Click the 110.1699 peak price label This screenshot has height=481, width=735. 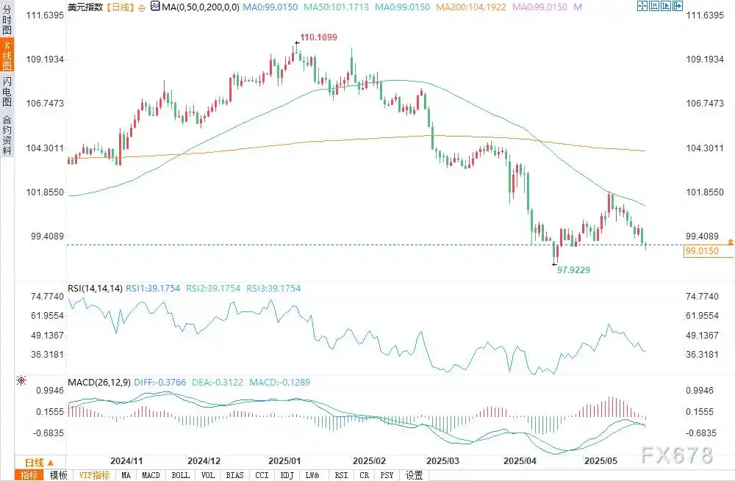click(318, 37)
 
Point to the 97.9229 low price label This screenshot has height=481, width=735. click(573, 270)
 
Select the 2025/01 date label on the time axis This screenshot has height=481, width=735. click(284, 461)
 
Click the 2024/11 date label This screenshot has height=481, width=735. click(126, 461)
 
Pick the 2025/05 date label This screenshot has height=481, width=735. click(600, 461)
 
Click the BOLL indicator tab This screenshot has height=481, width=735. click(181, 475)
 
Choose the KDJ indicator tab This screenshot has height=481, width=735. click(287, 475)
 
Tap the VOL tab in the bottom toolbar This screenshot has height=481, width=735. click(208, 475)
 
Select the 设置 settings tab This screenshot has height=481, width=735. click(414, 475)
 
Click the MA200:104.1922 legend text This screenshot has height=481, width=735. click(471, 7)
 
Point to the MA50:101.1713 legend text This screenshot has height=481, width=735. click(336, 7)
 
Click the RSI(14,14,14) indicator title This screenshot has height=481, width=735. click(95, 289)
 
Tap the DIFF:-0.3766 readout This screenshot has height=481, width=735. click(159, 382)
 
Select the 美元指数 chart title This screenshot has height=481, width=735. click(85, 7)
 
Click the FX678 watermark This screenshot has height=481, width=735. click(677, 455)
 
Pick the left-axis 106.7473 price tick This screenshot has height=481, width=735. click(45, 104)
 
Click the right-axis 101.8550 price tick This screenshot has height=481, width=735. click(705, 192)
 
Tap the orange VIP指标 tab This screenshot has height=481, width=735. click(94, 475)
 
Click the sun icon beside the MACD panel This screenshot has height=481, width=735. click(21, 380)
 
